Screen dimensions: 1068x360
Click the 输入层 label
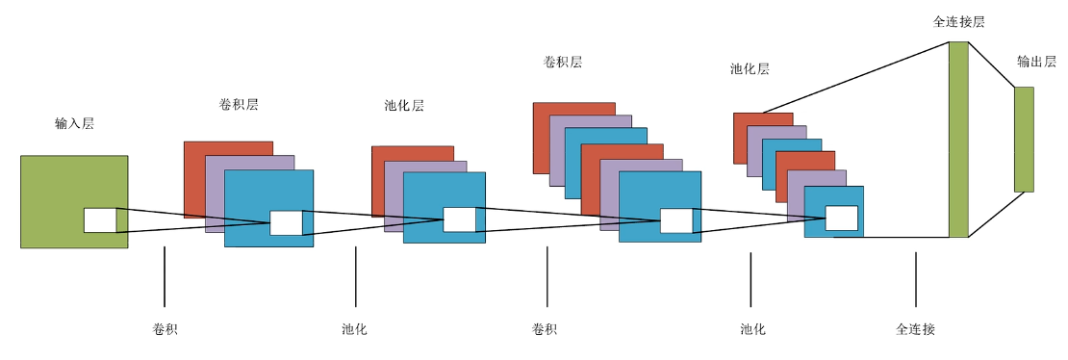(x=74, y=124)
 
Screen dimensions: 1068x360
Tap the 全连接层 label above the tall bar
(x=958, y=22)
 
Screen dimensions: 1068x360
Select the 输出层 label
(x=1036, y=62)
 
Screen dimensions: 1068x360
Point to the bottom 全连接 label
(x=915, y=330)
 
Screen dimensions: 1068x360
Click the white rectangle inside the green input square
(x=100, y=220)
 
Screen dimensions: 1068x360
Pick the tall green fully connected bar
(x=958, y=139)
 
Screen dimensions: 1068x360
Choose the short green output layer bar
(x=1024, y=139)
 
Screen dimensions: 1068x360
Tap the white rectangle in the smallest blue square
(x=841, y=218)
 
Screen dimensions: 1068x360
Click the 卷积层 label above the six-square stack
(x=563, y=62)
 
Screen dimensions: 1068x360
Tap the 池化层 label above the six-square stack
(x=750, y=69)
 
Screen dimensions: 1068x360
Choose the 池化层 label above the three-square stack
(x=404, y=106)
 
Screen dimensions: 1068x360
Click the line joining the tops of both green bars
(x=991, y=64)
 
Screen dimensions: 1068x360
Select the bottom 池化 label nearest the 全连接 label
(x=752, y=330)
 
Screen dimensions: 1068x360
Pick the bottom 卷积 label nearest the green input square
(x=165, y=330)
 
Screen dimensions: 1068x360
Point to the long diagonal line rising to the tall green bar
(x=856, y=77)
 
